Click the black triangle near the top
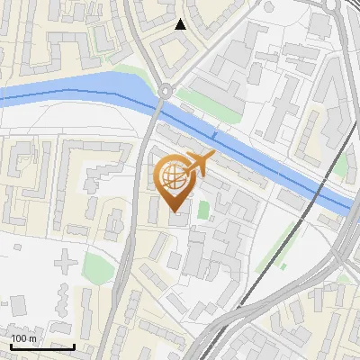[x=181, y=24]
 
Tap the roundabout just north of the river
[x=166, y=90]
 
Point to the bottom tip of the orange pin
[x=173, y=211]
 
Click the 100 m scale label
[x=23, y=337]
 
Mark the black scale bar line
[x=42, y=346]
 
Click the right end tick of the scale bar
[x=74, y=345]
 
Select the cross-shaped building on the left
[x=66, y=263]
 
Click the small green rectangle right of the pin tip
[x=203, y=211]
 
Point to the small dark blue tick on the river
[x=214, y=135]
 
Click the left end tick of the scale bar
[x=11, y=345]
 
